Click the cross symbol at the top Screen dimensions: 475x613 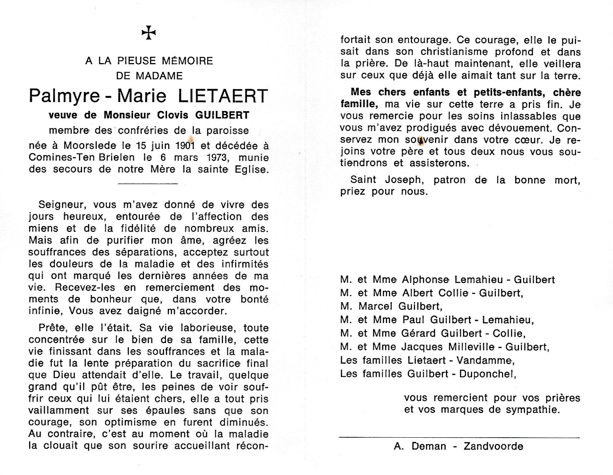[149, 33]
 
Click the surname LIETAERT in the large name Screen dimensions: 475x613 [223, 96]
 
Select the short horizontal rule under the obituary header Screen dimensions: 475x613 [148, 183]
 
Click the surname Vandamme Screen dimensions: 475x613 [488, 360]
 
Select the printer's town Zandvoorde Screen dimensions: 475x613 [493, 446]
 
